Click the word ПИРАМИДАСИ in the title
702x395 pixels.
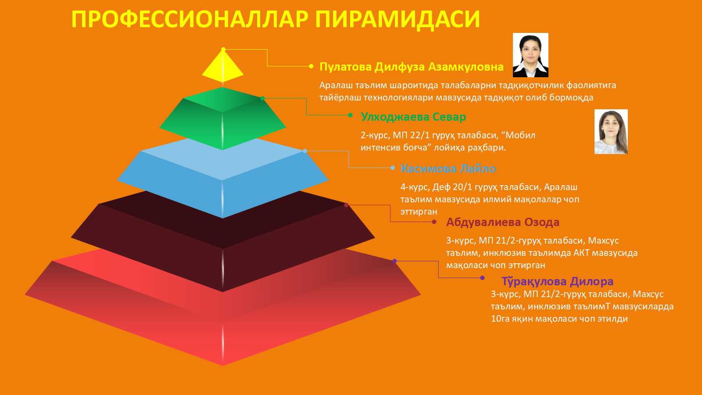click(398, 19)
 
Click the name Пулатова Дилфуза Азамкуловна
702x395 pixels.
click(412, 67)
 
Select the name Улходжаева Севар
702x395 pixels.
click(413, 117)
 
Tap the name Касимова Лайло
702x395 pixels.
click(448, 169)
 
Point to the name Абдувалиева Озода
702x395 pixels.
click(503, 222)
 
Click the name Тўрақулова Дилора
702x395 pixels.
click(558, 281)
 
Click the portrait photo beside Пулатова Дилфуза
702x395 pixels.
click(530, 55)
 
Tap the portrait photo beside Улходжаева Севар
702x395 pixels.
click(611, 132)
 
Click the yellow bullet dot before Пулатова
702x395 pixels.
click(311, 66)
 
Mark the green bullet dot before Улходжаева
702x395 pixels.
click(351, 115)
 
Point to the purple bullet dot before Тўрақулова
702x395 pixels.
click(482, 278)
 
